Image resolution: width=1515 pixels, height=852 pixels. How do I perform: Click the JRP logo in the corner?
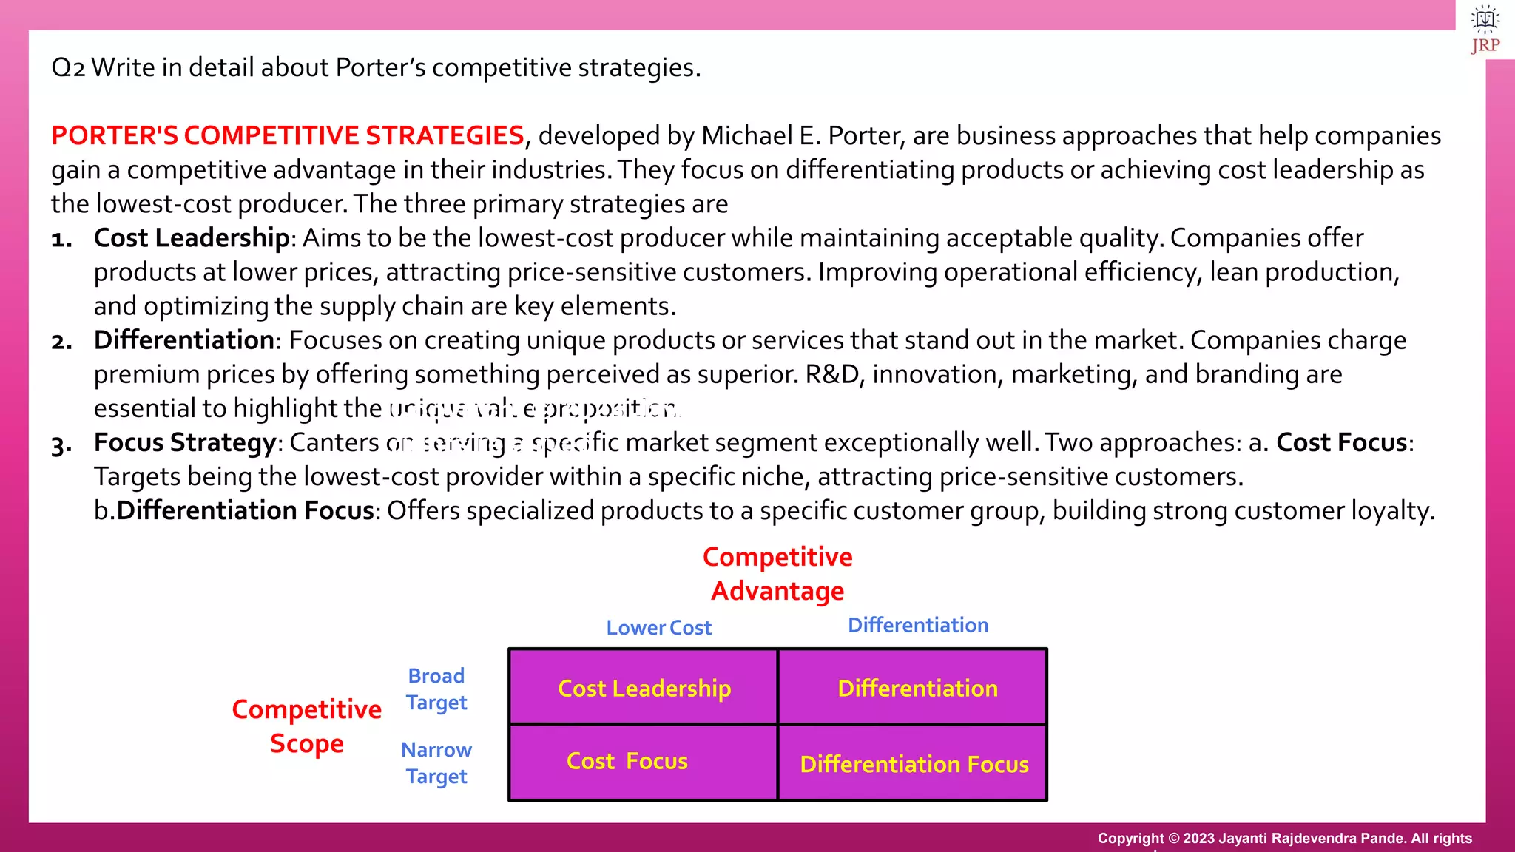[1485, 30]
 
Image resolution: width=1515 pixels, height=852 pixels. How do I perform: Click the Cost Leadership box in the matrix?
[644, 688]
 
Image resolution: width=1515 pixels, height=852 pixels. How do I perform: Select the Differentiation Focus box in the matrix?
[914, 763]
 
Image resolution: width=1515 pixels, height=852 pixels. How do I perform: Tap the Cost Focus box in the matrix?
[627, 761]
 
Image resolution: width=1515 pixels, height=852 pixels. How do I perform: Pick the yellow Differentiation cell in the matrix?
[917, 688]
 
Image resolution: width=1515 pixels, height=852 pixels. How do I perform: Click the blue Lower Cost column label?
[658, 628]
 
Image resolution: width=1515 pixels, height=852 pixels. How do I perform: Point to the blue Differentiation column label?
[917, 625]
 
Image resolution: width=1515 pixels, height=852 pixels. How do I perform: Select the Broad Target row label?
[436, 689]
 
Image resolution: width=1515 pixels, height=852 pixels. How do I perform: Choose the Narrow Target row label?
[436, 763]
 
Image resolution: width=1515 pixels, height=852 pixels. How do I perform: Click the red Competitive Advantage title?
[777, 574]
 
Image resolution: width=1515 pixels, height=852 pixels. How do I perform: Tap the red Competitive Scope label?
[306, 726]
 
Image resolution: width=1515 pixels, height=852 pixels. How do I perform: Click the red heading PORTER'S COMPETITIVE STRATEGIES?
[288, 136]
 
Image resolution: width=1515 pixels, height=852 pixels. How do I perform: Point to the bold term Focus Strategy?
[185, 442]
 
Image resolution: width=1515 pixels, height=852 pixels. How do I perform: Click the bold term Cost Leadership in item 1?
[192, 238]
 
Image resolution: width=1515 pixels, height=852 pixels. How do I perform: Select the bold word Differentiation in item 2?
[184, 340]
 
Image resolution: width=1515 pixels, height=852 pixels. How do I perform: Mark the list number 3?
[61, 445]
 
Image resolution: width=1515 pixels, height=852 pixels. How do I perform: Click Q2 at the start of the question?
[68, 68]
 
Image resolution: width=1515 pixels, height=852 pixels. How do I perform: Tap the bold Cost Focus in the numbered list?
[1341, 442]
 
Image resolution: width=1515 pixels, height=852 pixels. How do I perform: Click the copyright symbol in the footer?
[1173, 839]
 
